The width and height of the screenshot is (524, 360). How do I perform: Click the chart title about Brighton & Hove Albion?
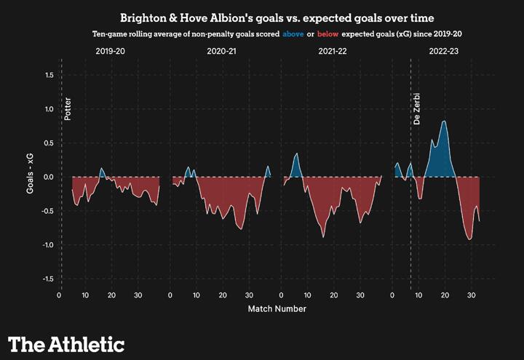pos(262,17)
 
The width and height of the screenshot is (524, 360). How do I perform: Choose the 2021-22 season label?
pos(334,52)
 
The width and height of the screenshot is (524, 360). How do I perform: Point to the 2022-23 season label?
pos(445,52)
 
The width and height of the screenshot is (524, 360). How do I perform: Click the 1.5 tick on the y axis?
pos(49,75)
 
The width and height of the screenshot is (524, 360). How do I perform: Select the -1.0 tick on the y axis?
pos(47,245)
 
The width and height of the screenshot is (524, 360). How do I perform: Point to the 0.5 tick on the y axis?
pos(49,143)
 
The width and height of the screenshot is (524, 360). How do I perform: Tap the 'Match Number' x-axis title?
pos(277,308)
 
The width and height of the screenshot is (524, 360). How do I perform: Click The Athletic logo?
pos(66,344)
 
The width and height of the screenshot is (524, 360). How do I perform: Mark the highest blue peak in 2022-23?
pos(444,121)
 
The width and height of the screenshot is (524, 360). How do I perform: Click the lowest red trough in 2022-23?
pos(470,239)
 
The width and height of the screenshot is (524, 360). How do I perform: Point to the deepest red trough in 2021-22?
pos(324,237)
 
